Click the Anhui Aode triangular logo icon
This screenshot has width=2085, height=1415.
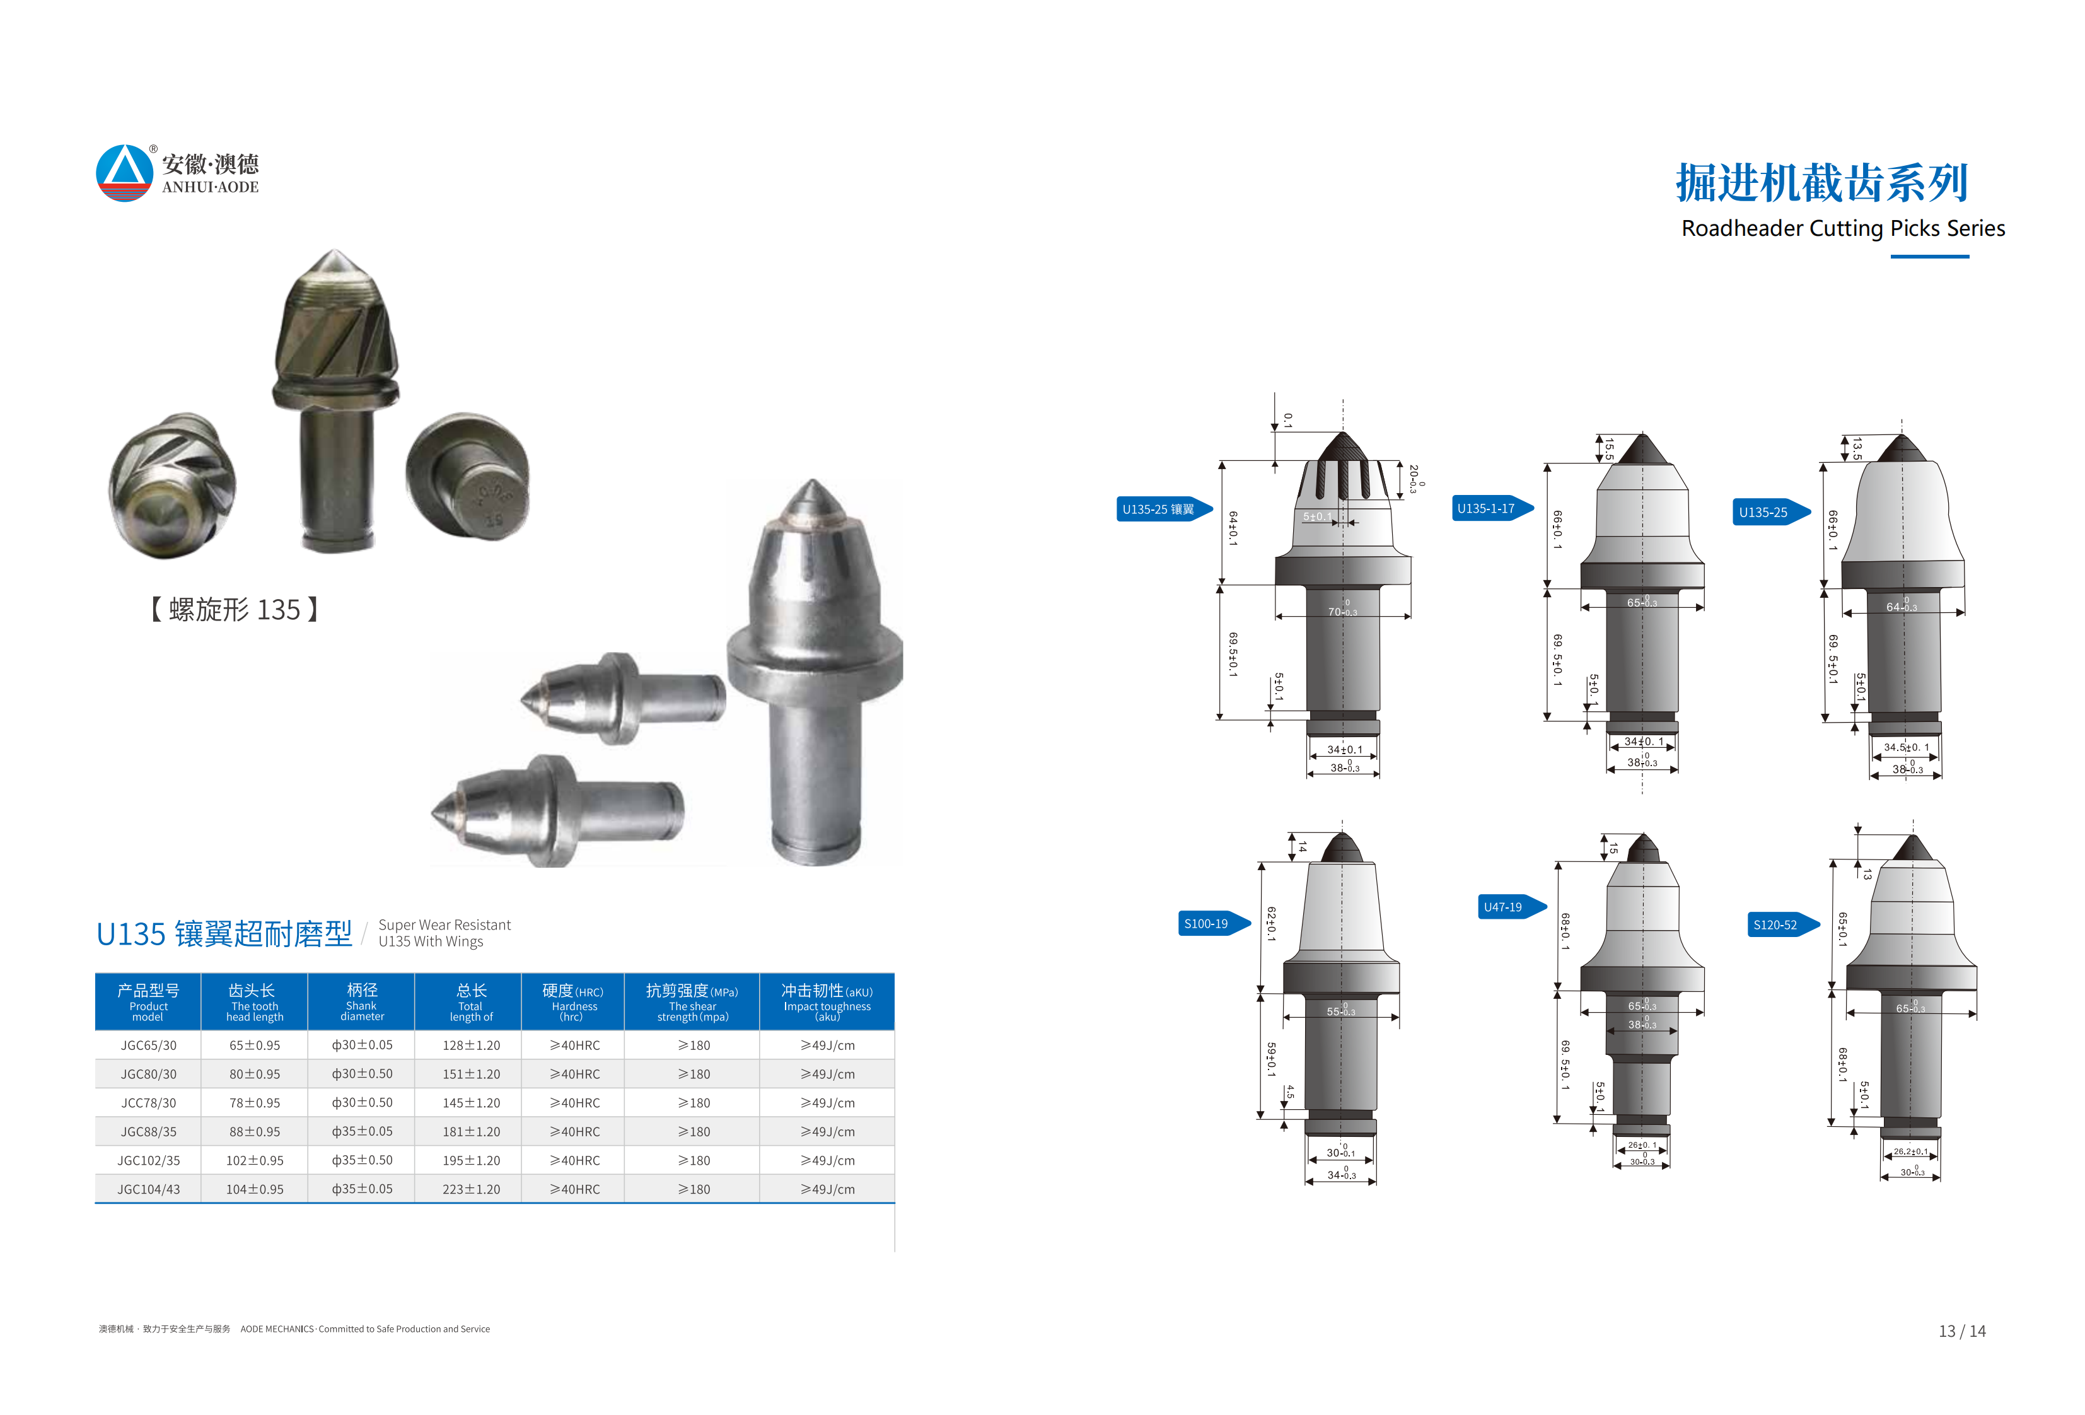[x=125, y=173]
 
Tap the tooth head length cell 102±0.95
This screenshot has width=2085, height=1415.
[x=255, y=1161]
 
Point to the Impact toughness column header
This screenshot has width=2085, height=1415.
[x=827, y=1002]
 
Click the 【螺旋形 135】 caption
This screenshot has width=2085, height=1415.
[x=234, y=610]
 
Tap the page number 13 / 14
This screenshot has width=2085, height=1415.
[x=1961, y=1332]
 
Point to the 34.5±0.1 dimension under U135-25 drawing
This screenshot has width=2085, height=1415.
[x=1905, y=747]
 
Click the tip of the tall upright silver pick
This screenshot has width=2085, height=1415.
[x=813, y=484]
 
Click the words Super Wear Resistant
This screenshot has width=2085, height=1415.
[x=444, y=925]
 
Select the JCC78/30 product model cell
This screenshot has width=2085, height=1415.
[x=149, y=1103]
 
